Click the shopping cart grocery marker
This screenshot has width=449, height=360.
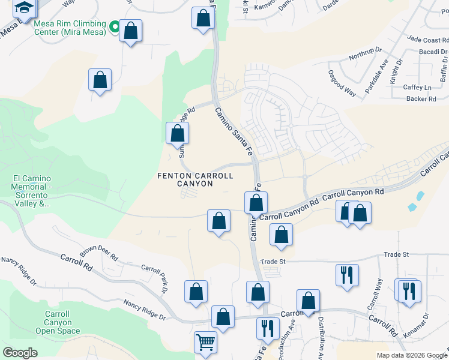point(205,343)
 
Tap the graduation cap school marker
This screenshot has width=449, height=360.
point(24,8)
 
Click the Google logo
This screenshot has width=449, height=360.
point(20,352)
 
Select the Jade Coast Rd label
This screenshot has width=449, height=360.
point(427,40)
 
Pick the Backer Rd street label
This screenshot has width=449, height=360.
point(421,98)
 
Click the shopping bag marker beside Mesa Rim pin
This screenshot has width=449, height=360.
point(130,30)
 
